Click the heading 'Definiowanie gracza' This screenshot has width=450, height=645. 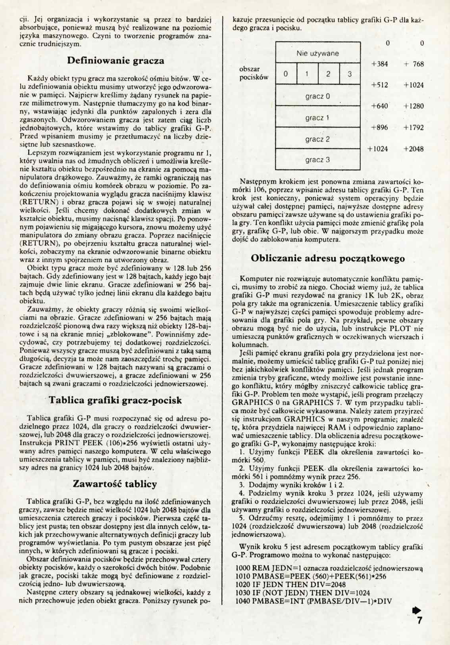coord(115,61)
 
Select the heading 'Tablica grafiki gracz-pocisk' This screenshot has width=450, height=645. coord(115,400)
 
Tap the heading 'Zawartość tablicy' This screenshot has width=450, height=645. coord(115,484)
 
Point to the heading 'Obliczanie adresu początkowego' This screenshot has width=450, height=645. coord(328,258)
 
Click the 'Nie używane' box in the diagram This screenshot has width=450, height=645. coord(317,53)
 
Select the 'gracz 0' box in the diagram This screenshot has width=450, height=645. coord(317,96)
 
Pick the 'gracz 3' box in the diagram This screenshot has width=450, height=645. coord(317,160)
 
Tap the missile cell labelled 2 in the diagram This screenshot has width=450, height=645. coord(328,74)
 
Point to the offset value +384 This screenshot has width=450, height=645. coord(379,64)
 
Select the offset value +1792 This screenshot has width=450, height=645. coord(413,128)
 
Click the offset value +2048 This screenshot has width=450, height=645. coord(413,149)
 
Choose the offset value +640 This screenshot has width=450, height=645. coord(379,106)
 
